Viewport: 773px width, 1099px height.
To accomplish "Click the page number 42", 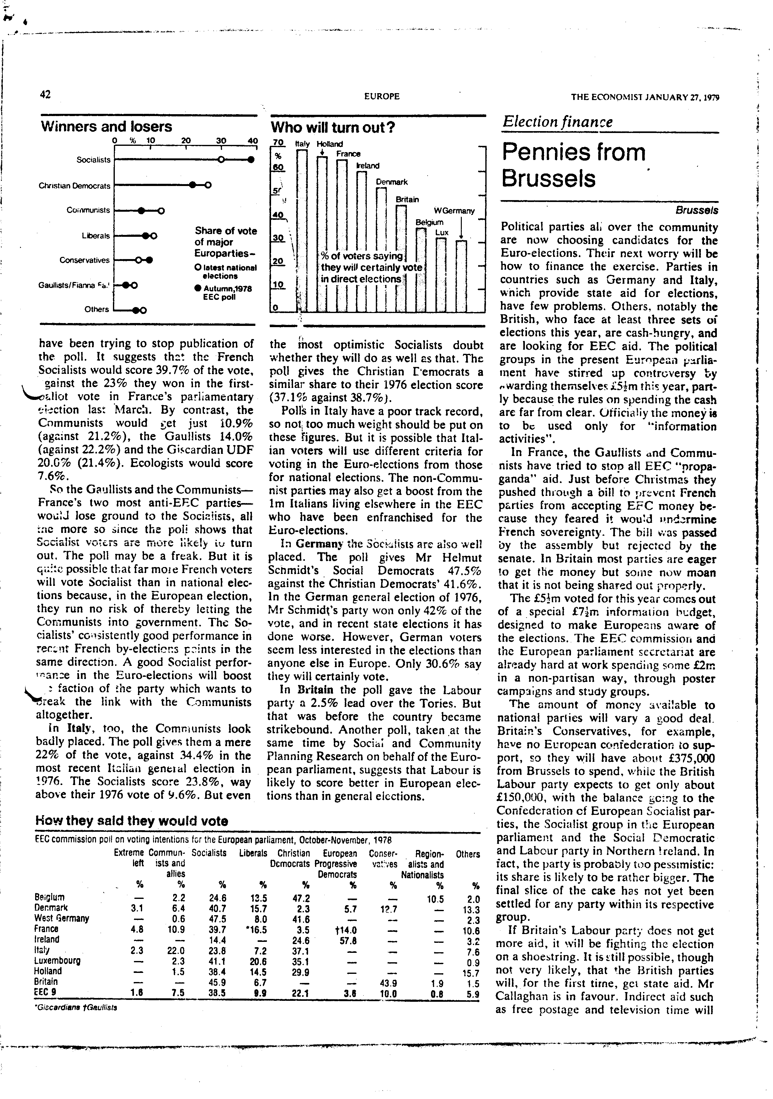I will coord(45,95).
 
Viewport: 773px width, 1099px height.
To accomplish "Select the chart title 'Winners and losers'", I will coord(106,127).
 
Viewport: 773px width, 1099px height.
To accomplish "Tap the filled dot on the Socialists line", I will coord(250,160).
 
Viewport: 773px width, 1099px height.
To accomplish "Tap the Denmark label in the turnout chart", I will coord(392,182).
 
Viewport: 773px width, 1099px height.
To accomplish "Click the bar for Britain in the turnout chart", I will coord(402,258).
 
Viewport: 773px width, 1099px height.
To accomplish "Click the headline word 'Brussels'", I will coord(548,178).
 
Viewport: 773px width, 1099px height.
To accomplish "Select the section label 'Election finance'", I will coord(557,122).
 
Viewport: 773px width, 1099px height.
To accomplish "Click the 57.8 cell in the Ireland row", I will coord(342,939).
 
